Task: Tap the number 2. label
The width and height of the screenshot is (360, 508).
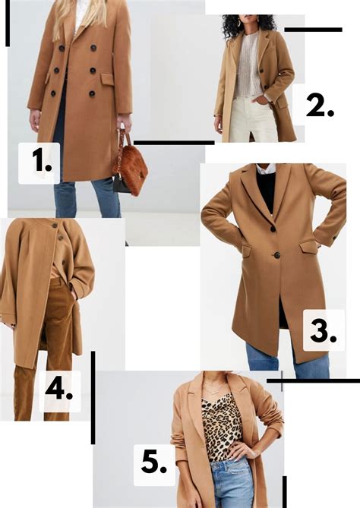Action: point(320,106)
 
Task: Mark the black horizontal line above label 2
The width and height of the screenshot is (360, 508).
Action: point(313,30)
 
